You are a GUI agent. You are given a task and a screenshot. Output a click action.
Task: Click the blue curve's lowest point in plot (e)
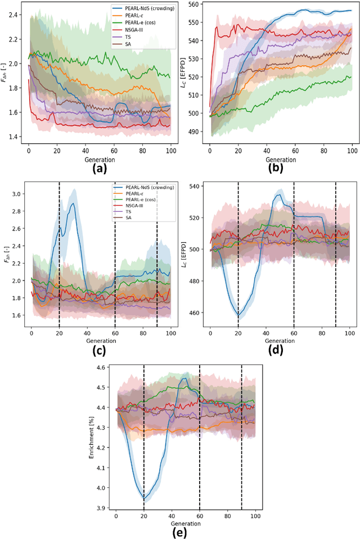tap(144, 499)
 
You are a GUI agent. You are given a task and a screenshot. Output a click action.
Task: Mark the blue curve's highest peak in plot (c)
tap(73, 203)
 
